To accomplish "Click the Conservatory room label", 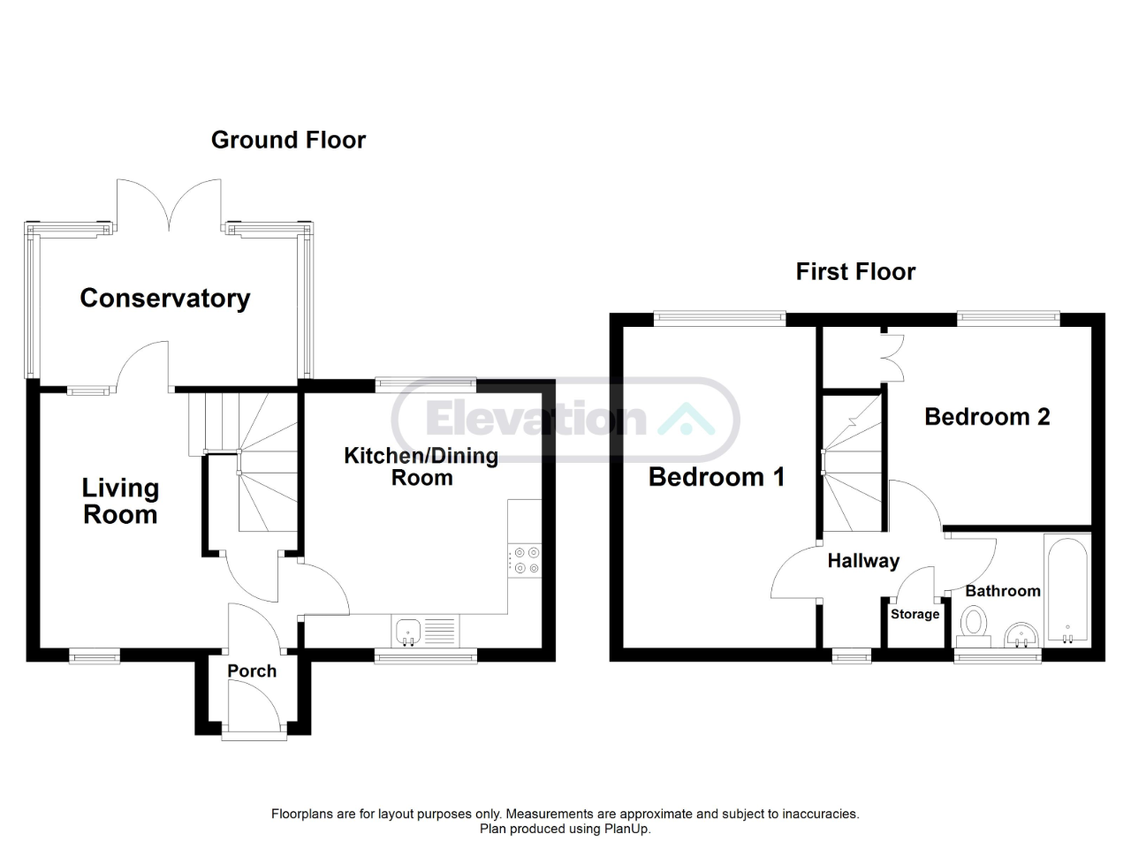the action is (x=164, y=299).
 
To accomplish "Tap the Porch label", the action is (x=252, y=671).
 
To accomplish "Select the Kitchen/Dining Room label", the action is (x=421, y=466).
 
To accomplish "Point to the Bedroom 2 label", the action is (x=987, y=417).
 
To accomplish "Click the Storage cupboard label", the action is (x=915, y=614).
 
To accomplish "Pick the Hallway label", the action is (x=863, y=560).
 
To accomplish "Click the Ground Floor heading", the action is (x=289, y=140).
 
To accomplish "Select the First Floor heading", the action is (x=855, y=272).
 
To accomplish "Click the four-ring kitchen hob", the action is (x=525, y=560).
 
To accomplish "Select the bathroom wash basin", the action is (x=1022, y=635).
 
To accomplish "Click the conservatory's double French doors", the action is (x=170, y=204).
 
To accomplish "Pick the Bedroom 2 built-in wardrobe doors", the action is (x=893, y=358).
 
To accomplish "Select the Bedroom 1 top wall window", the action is (x=719, y=319).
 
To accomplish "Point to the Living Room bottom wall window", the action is (x=95, y=655).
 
